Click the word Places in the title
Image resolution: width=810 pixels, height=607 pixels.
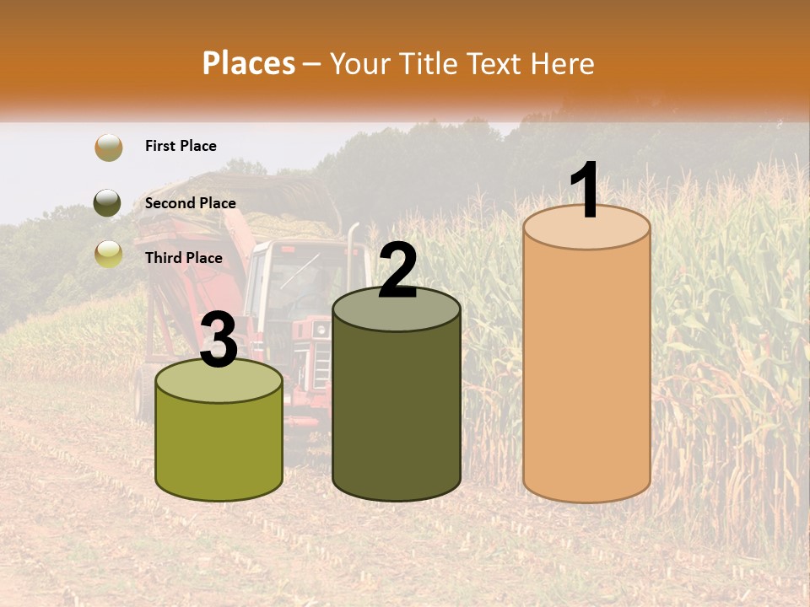248,63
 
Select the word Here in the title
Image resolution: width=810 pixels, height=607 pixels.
562,63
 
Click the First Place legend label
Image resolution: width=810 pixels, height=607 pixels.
181,146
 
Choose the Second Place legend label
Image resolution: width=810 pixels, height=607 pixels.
190,203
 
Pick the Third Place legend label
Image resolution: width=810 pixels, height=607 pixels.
183,258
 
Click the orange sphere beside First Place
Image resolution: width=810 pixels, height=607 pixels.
109,148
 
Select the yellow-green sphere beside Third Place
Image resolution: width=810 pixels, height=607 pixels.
109,254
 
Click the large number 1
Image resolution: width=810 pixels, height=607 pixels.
584,191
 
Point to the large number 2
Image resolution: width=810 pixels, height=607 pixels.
397,271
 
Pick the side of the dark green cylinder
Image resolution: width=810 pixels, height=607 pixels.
397,413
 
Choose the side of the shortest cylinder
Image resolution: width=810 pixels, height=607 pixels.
219,447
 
